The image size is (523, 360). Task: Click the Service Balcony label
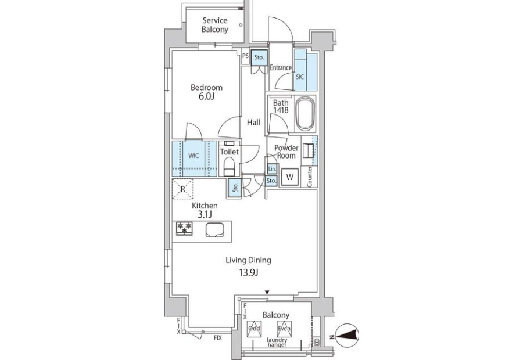coord(215,25)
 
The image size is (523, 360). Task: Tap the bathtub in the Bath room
coord(305,114)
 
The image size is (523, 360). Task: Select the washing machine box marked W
coord(289,177)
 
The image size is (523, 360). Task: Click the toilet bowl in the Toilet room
coord(229,166)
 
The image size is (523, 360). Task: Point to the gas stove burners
coord(184,229)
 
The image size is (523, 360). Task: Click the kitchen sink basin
coord(215,230)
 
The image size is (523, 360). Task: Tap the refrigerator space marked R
coord(182,189)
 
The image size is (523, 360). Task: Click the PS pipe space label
coord(245,56)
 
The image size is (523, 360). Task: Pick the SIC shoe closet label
coord(300,77)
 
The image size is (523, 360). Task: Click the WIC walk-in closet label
coord(194,156)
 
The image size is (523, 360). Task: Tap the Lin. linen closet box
coord(272,169)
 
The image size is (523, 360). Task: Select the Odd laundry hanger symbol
coord(254,328)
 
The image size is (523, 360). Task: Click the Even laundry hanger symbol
coord(284,328)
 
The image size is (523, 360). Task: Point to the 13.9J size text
coord(249,273)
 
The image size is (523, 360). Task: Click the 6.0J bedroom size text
coord(206,96)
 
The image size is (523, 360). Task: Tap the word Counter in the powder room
coord(310,177)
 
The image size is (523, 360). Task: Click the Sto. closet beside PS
coord(259,57)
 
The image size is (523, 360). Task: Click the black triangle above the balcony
coord(267,293)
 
